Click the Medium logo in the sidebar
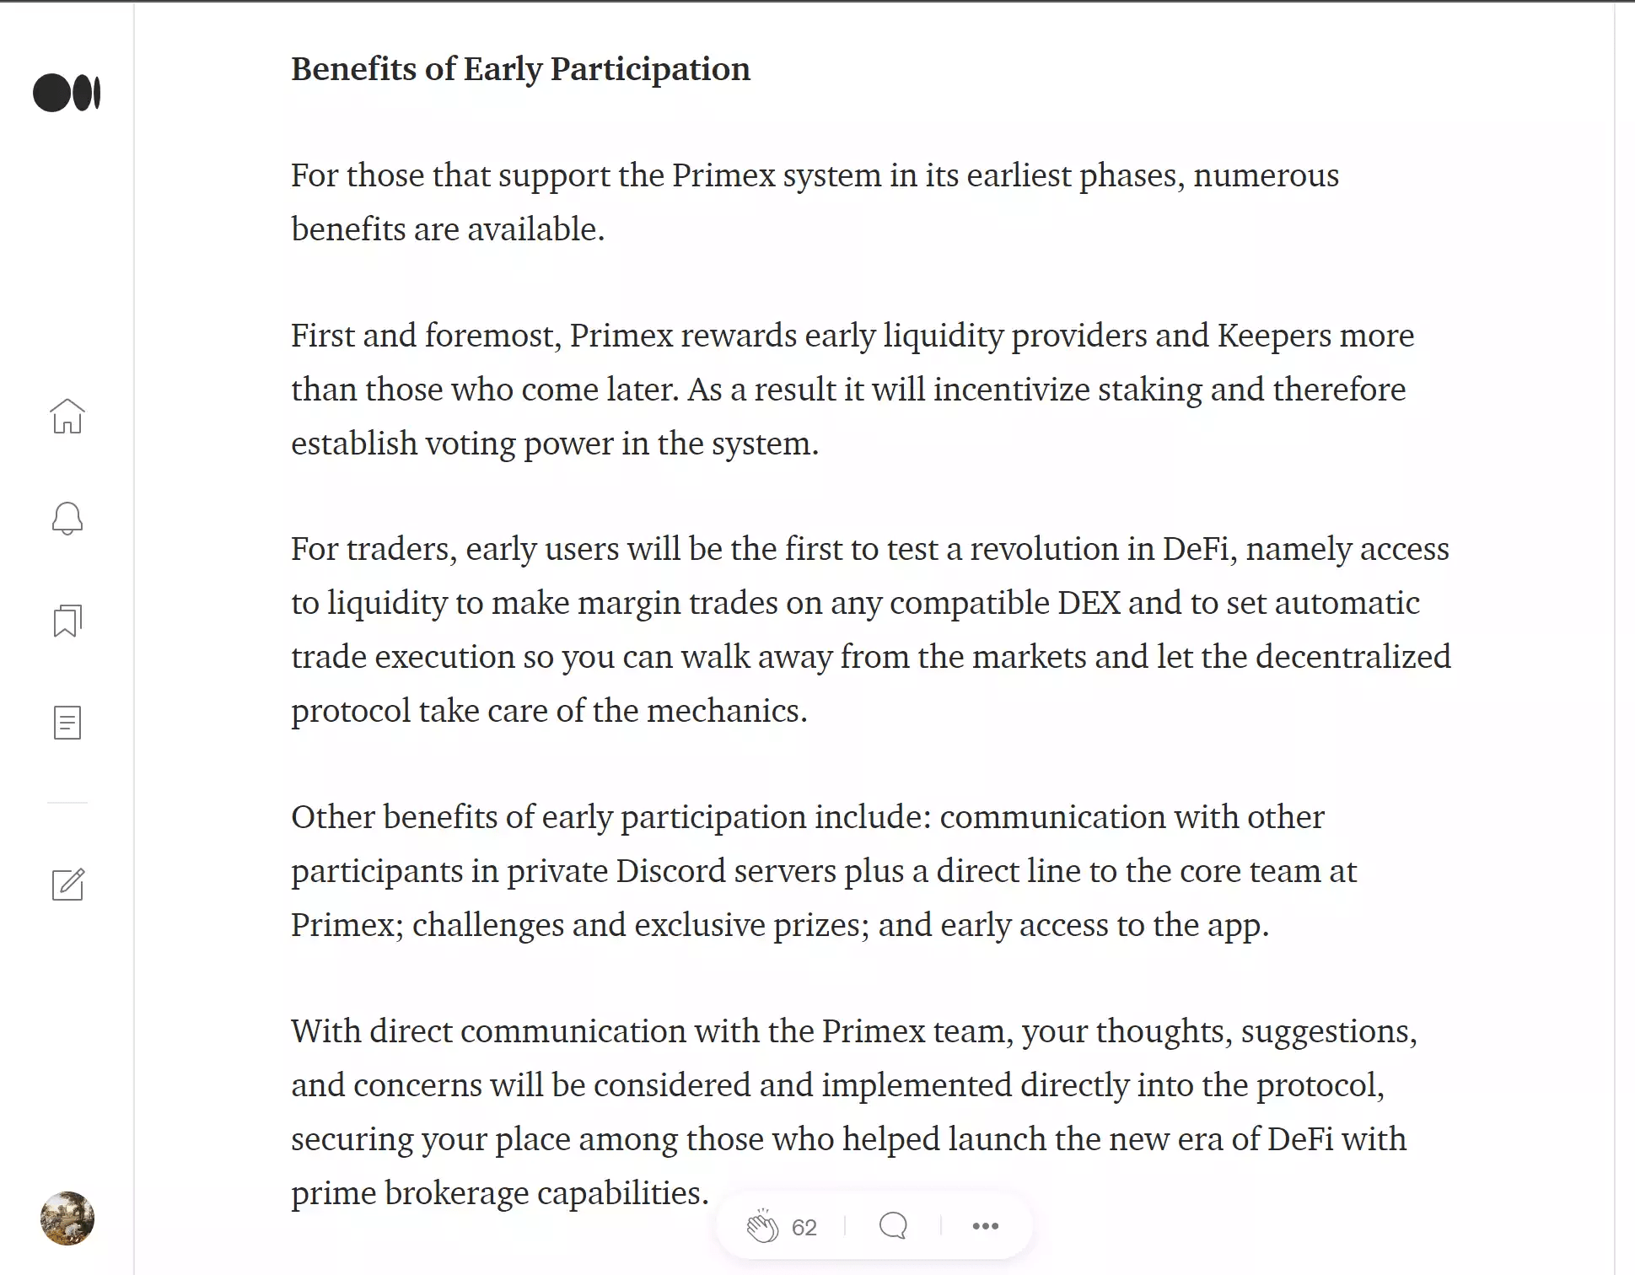(67, 93)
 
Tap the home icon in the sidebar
(67, 416)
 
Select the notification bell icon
(67, 519)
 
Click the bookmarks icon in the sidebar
(67, 621)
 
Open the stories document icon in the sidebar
(67, 723)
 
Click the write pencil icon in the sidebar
(67, 884)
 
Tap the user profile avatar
(67, 1218)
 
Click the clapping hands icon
(762, 1226)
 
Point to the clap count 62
(804, 1228)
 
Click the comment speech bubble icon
(893, 1226)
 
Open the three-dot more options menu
(985, 1226)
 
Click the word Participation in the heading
(650, 69)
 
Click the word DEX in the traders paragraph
(1089, 603)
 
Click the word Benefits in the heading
(353, 69)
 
